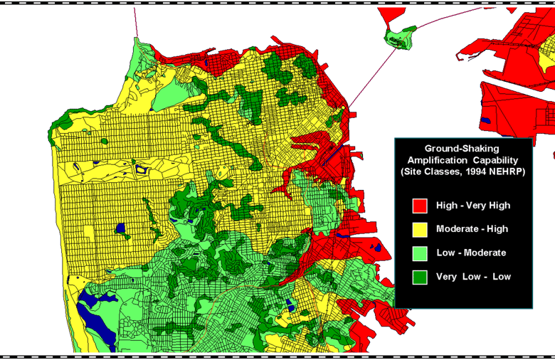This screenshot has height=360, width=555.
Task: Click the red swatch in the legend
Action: tap(420, 206)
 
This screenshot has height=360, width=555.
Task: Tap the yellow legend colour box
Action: tap(420, 229)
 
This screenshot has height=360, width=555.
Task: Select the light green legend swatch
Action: tap(420, 253)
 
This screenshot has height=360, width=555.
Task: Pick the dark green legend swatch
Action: tap(420, 277)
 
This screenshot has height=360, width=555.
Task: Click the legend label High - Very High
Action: tap(472, 206)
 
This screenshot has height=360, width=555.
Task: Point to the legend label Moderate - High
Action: tap(472, 229)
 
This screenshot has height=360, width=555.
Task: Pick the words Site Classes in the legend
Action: tap(428, 172)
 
